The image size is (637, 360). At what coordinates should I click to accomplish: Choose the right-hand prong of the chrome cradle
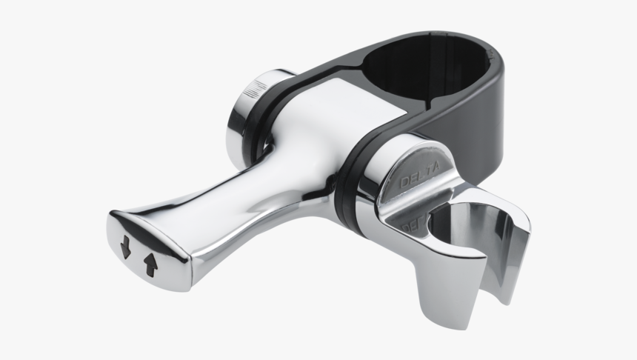(515, 267)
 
